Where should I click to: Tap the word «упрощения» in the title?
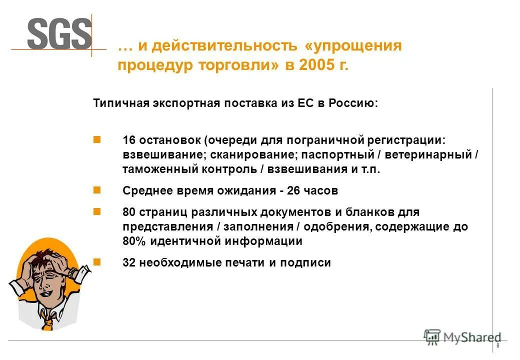353,46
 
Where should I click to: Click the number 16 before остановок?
129,140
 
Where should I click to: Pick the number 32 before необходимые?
129,262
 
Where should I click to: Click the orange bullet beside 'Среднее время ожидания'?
97,190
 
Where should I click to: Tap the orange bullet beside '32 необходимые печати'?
97,261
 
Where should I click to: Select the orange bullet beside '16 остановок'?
97,139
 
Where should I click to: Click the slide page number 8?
497,346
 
